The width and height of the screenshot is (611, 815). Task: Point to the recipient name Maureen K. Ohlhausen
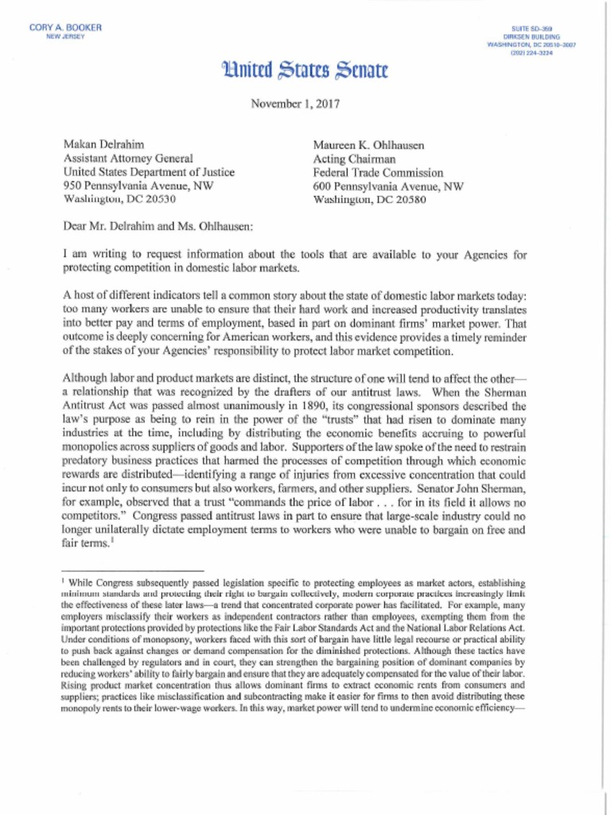[368, 145]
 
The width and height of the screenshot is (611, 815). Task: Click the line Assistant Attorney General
[127, 158]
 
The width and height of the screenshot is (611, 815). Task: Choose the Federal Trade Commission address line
[378, 172]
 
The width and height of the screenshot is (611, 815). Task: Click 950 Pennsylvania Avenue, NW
[138, 185]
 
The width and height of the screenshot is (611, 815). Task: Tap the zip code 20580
[409, 199]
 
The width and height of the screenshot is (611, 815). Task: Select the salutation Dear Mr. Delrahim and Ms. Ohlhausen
[158, 226]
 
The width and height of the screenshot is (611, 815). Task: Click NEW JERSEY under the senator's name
[66, 37]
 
